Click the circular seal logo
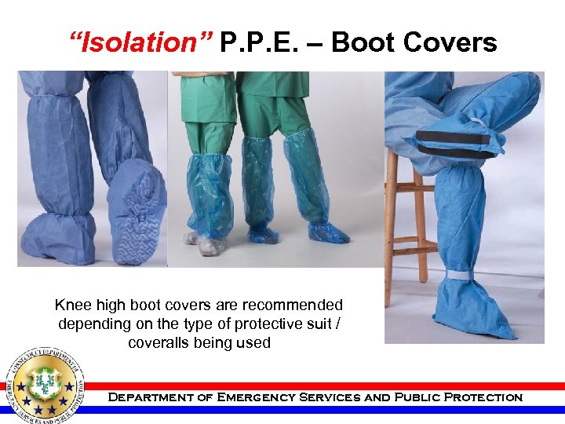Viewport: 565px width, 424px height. point(46,385)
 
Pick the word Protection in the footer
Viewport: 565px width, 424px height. point(483,397)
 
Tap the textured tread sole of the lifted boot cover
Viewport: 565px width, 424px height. point(138,212)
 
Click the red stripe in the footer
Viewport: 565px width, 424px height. point(330,386)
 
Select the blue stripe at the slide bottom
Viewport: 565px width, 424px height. point(330,409)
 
